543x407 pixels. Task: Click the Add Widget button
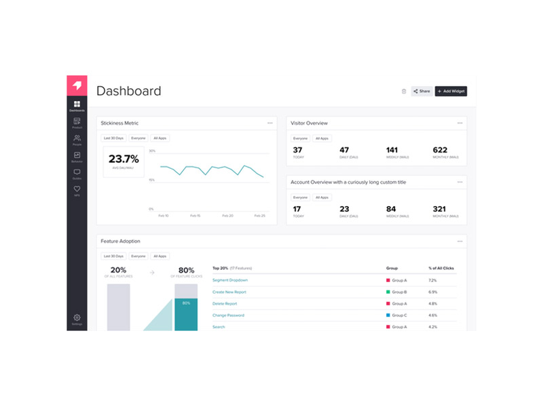(451, 91)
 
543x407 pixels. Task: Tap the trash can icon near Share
(404, 91)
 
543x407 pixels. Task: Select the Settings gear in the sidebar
(77, 318)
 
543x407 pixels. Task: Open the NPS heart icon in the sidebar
(77, 190)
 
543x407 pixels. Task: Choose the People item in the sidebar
(77, 139)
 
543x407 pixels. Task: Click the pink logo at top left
(77, 85)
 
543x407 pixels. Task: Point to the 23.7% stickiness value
(124, 159)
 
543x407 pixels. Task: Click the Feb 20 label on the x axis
(227, 215)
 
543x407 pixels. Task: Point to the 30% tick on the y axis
(152, 151)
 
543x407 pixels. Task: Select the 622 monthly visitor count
(440, 150)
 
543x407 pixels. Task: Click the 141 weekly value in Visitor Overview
(392, 150)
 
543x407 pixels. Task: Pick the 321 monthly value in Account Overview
(440, 209)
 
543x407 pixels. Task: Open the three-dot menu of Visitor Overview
(460, 123)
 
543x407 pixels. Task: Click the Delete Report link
(225, 303)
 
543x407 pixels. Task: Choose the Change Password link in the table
(228, 315)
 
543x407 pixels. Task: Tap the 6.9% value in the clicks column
(433, 292)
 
